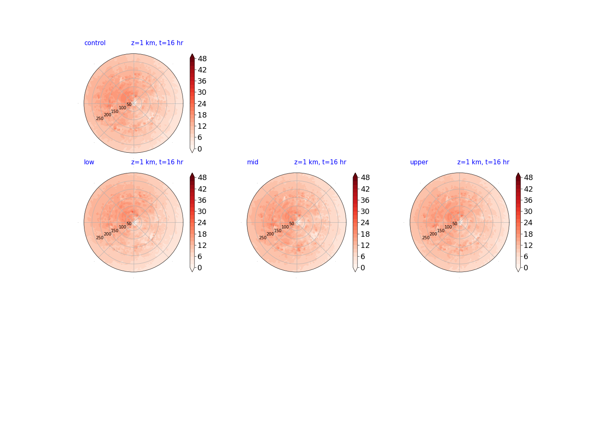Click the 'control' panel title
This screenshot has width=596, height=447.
click(95, 43)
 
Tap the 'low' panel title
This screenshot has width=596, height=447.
click(89, 162)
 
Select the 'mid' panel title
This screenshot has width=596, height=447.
click(252, 162)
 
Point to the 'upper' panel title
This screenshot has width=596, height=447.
click(419, 162)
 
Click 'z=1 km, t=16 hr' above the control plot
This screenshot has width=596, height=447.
click(157, 43)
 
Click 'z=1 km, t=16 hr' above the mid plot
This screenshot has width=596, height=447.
click(320, 162)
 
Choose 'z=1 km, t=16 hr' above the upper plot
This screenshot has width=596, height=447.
click(483, 162)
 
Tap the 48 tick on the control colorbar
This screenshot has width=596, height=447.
click(202, 59)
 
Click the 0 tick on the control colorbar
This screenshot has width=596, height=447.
click(200, 149)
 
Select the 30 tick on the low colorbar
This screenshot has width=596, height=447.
click(202, 211)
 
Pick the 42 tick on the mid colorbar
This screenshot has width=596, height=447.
click(365, 189)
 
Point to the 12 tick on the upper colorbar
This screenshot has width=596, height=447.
click(528, 245)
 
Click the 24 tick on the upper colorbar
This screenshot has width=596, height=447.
click(528, 223)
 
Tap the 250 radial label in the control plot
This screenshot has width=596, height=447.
click(100, 119)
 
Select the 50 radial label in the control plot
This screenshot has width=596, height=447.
click(129, 104)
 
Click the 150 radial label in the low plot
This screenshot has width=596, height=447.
click(115, 231)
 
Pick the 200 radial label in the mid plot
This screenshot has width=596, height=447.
click(270, 234)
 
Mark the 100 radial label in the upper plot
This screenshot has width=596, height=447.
click(448, 227)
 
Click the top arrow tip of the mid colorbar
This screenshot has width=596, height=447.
click(355, 173)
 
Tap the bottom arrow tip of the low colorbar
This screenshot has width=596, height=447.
click(192, 272)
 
